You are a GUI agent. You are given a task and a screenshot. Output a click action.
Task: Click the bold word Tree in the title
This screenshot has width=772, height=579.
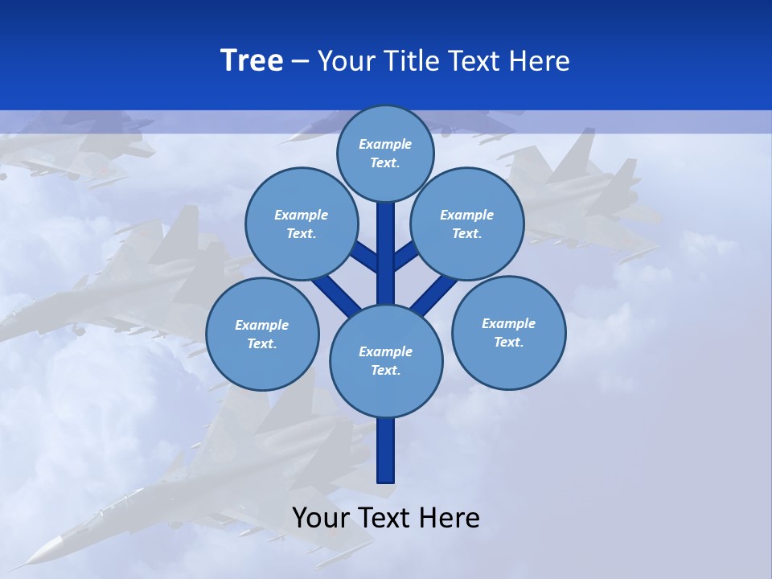click(252, 61)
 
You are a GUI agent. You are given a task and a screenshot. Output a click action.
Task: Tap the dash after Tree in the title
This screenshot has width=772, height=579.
click(300, 62)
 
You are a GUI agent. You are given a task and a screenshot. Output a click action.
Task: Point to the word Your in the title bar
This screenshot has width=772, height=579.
click(347, 61)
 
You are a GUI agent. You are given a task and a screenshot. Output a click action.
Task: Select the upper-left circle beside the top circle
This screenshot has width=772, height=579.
click(301, 224)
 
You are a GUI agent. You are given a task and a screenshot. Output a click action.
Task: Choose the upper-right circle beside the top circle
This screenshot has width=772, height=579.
click(467, 224)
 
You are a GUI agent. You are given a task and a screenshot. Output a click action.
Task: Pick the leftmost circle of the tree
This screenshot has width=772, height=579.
click(262, 335)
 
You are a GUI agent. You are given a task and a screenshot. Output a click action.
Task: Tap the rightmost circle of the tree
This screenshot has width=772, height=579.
click(508, 333)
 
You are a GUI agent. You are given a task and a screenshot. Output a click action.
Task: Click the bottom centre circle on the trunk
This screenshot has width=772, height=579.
click(386, 361)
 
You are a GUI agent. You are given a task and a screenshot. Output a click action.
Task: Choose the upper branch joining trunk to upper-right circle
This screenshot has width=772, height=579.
click(406, 257)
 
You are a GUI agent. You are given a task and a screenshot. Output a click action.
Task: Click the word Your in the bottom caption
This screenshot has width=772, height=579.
click(321, 518)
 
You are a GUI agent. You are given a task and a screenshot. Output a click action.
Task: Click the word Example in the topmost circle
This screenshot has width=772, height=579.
click(385, 144)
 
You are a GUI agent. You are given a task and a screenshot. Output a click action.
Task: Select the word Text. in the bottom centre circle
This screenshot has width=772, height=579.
click(385, 371)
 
